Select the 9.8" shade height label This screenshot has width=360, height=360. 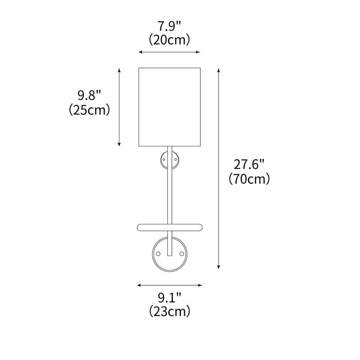[x=90, y=95]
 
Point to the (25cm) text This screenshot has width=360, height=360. [x=90, y=110]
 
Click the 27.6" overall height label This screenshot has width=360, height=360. [x=248, y=164]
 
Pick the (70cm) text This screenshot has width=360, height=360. [x=249, y=179]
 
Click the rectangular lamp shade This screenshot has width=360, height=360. [x=169, y=107]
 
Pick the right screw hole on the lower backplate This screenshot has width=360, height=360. [x=182, y=254]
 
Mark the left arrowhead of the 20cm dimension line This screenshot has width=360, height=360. [x=140, y=53]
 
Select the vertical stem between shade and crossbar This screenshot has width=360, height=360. [x=170, y=189]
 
